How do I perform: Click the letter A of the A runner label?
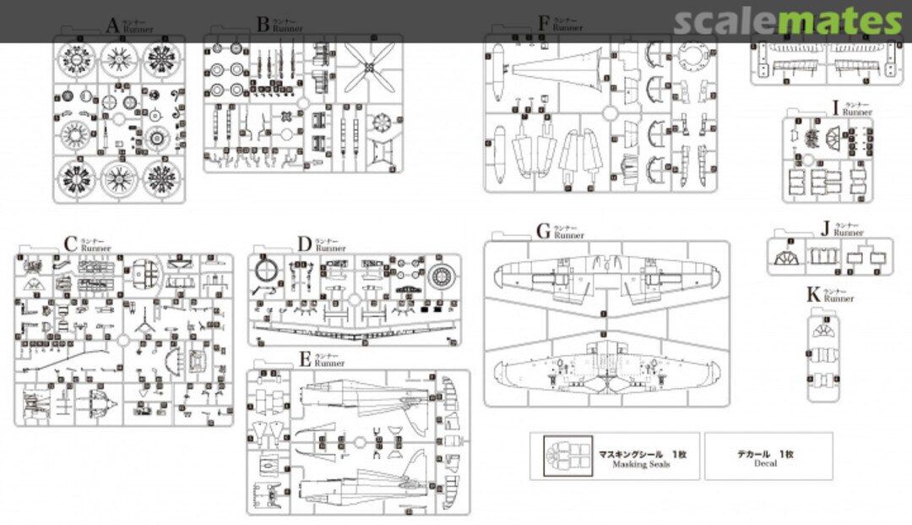point(112,25)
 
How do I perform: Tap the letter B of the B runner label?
point(263,24)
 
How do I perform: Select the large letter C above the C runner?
point(71,243)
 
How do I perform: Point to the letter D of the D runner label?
point(305,244)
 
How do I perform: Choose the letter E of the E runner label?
point(305,359)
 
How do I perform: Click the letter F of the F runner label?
point(544,23)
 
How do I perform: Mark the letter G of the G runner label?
point(544,231)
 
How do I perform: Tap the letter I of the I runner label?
point(835,107)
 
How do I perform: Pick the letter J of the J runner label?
point(824,227)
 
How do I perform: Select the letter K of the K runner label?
point(813,293)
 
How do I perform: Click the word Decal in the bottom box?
point(768,463)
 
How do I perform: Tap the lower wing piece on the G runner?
point(605,368)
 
